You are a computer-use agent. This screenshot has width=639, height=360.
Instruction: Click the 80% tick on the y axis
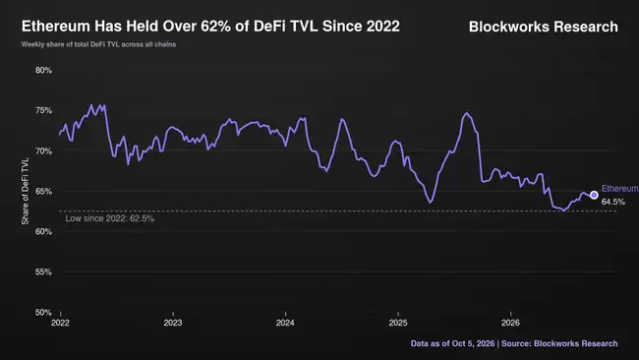(43, 71)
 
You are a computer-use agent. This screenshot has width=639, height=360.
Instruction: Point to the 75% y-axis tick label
(43, 111)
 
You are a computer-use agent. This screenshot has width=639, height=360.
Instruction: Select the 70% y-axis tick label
(43, 151)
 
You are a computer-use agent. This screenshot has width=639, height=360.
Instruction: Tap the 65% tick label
(43, 191)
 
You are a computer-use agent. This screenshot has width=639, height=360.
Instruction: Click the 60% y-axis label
(43, 231)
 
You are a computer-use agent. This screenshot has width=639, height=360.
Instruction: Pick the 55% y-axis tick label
(43, 271)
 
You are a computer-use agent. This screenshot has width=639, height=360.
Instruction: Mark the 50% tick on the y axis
(43, 313)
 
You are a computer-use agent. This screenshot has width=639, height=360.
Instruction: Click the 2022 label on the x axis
(60, 323)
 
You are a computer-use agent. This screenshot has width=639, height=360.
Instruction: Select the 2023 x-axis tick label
(173, 323)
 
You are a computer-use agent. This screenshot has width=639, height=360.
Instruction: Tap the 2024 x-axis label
(285, 323)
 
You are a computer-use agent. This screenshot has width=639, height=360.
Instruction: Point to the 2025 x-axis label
(398, 323)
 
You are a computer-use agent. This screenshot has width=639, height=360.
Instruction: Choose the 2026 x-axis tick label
(510, 323)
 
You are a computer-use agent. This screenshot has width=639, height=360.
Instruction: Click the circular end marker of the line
(594, 196)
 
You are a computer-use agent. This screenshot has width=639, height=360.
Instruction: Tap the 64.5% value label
(613, 202)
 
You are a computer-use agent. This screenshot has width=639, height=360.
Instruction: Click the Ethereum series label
(620, 188)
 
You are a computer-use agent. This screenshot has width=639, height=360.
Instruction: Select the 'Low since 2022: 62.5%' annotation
(110, 218)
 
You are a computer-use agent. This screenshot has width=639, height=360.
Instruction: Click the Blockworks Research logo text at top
(544, 27)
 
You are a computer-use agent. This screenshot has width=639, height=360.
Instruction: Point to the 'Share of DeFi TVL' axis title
(26, 191)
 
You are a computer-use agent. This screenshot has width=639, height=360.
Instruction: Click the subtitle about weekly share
(98, 44)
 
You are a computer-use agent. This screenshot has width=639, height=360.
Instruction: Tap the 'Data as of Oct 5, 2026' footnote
(453, 343)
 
